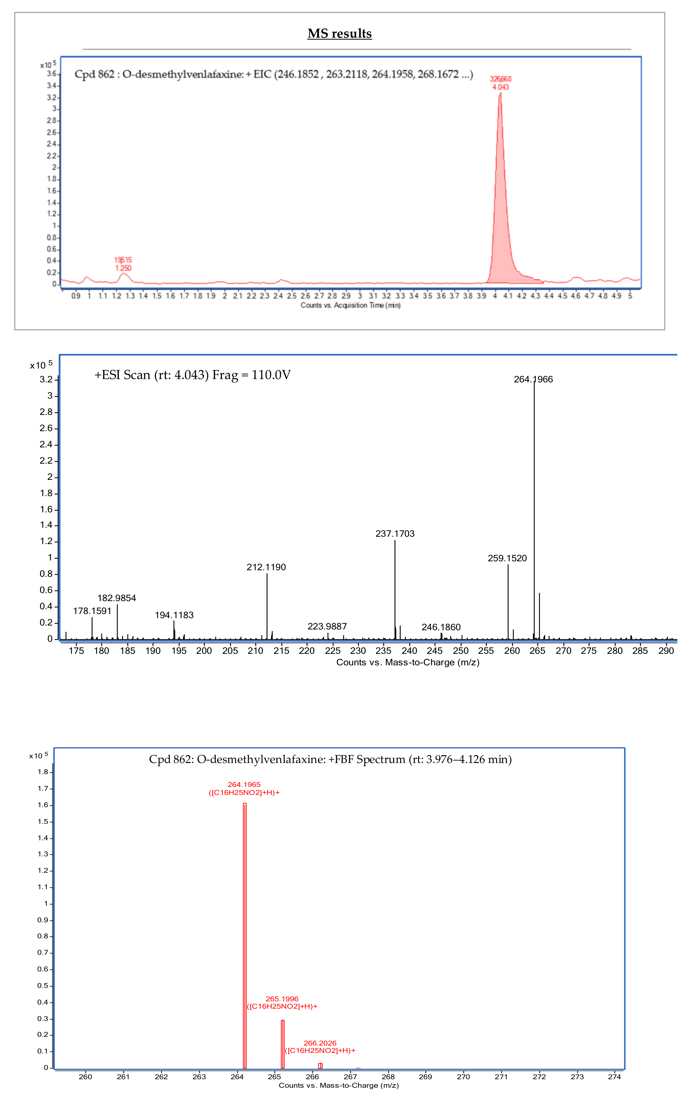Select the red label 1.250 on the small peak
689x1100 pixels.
click(x=123, y=268)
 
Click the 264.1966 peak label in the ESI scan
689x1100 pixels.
click(x=533, y=379)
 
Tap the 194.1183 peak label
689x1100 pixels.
click(x=174, y=615)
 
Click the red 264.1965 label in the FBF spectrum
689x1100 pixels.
click(x=244, y=785)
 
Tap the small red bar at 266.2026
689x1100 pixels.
click(x=320, y=1065)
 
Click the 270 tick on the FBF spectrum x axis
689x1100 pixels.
click(x=463, y=1077)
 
